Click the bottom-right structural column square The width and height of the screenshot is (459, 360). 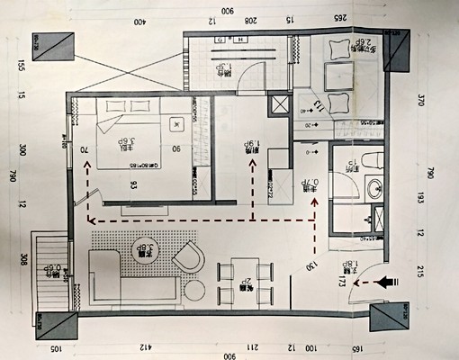390,319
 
